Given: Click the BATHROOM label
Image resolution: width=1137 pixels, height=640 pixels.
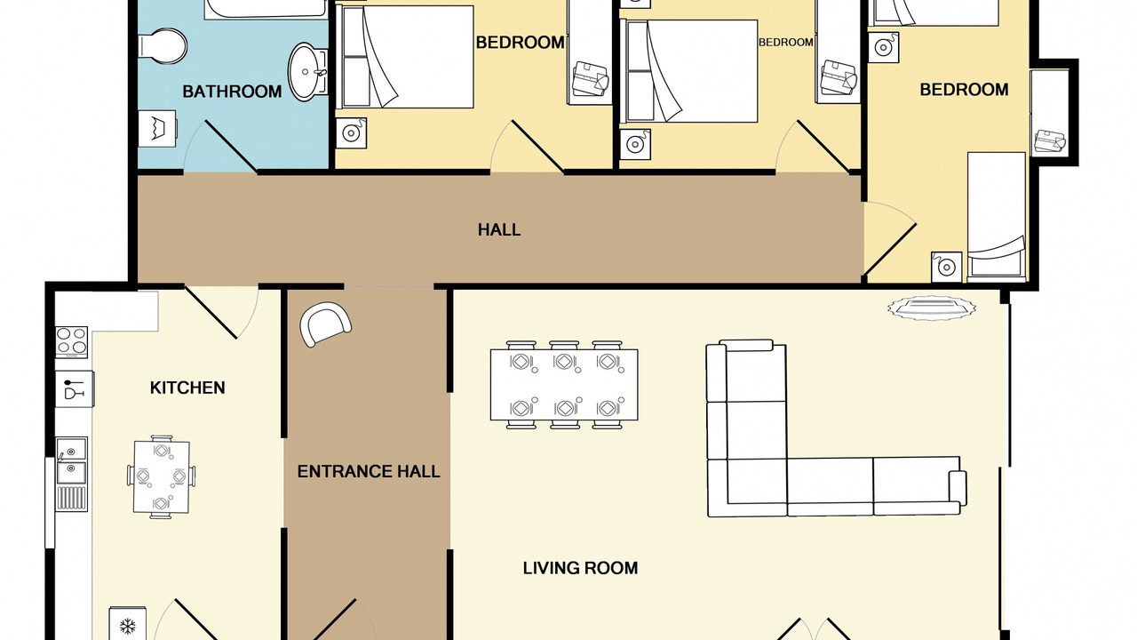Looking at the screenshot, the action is (232, 92).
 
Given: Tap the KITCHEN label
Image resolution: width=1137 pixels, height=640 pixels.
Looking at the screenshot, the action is (187, 388).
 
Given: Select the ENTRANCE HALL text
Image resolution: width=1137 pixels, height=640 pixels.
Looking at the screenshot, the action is (369, 472).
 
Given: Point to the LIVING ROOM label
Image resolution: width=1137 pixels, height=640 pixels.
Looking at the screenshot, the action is (580, 568).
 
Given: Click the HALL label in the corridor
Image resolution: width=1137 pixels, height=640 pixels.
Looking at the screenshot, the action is (499, 230).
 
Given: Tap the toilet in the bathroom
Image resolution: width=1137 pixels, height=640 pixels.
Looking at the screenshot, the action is (163, 45).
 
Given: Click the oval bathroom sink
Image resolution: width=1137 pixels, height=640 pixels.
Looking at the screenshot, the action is (308, 72).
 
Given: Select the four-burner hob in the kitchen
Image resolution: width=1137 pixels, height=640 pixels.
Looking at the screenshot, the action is (72, 342).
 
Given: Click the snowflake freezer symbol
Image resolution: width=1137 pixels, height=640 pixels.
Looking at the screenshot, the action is (128, 626).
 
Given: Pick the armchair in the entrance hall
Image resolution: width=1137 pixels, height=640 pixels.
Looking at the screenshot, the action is (325, 324).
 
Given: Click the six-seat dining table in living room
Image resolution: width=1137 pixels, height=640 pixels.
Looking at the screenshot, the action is (564, 385).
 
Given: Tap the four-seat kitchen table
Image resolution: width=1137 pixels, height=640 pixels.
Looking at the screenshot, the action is (162, 477).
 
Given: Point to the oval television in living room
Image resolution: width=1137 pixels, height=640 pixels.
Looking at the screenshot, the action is (932, 308).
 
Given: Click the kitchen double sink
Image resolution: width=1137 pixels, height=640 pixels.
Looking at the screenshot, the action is (72, 460).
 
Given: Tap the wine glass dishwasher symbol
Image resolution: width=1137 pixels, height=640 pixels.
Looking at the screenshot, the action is (75, 389).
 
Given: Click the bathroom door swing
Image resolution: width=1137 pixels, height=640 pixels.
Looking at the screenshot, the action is (219, 147).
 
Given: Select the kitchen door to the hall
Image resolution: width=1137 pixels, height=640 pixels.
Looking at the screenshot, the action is (222, 312).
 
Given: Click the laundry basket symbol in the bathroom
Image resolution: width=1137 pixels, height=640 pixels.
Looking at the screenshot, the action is (157, 129).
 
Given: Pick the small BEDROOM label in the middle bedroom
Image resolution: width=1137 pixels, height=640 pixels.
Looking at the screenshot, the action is (786, 43).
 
